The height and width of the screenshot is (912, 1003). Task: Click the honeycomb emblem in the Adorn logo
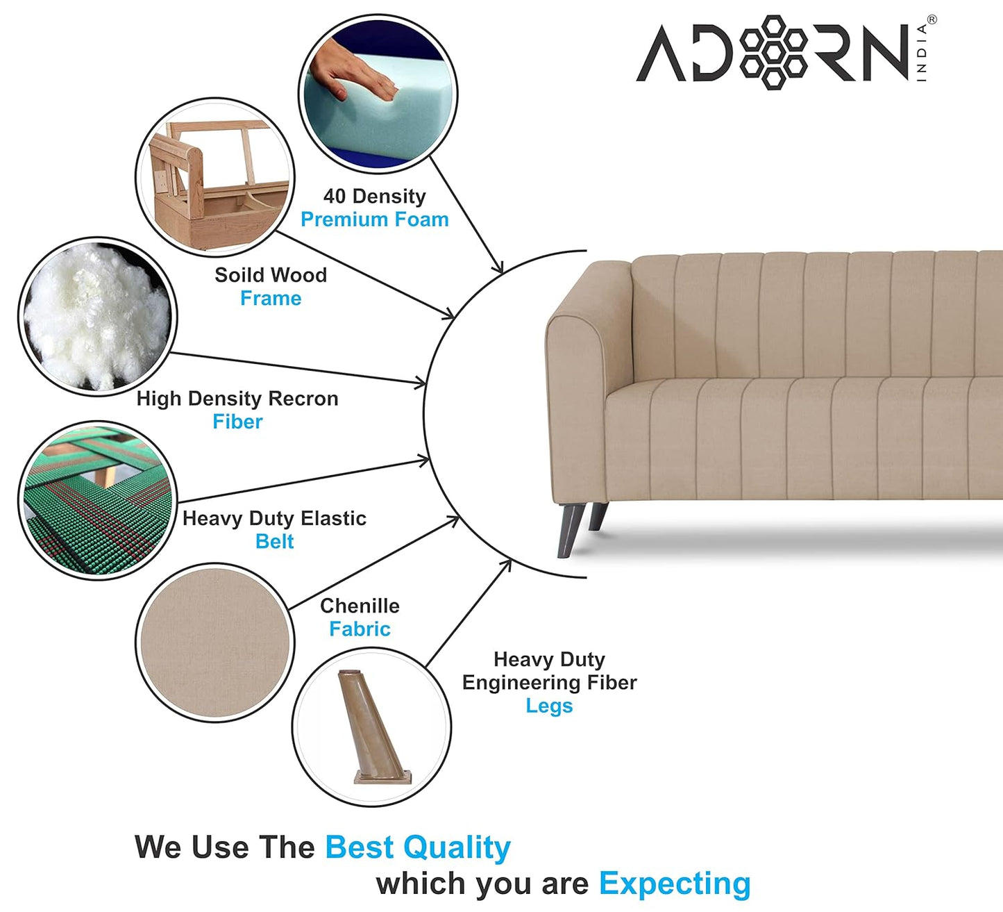[x=773, y=52]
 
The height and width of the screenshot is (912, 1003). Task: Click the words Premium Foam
[x=374, y=219]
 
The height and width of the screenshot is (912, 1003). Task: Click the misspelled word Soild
[x=237, y=275]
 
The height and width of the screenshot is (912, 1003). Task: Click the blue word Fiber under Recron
[x=237, y=422]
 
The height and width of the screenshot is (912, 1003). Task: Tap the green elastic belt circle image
[x=97, y=500]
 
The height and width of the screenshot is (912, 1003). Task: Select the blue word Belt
[x=274, y=542]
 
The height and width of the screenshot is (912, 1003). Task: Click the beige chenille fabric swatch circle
[x=214, y=642]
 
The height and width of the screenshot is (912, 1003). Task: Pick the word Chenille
[x=360, y=606]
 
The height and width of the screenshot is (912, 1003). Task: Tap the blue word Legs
[x=549, y=706]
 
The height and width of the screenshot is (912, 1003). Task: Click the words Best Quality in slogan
[x=417, y=847]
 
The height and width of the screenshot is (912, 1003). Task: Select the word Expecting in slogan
[x=675, y=884]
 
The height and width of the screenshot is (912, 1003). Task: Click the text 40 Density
[x=374, y=197]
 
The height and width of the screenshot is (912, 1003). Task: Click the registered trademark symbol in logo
[x=932, y=19]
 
